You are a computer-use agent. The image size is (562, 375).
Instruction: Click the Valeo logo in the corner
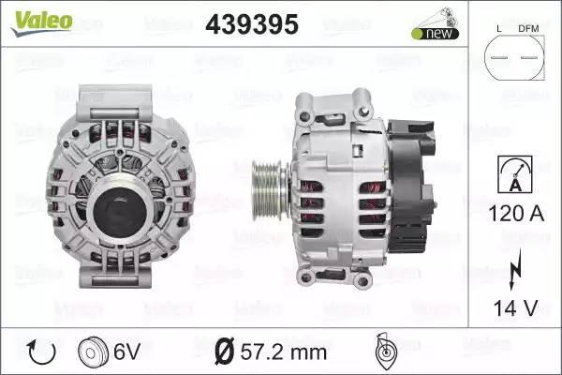click(42, 22)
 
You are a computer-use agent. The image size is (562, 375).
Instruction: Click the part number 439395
click(252, 24)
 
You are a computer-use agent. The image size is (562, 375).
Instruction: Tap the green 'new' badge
click(436, 34)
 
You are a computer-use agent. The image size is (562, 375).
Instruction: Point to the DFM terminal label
click(528, 29)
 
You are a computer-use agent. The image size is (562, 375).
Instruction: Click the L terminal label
click(499, 29)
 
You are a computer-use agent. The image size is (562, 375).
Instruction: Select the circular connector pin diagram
click(514, 57)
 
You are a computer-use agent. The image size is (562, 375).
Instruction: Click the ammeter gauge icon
click(515, 174)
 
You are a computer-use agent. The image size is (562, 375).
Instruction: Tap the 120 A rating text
click(516, 213)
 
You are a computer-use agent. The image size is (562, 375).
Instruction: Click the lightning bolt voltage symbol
click(515, 269)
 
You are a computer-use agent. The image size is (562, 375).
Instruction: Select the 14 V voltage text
click(516, 307)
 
